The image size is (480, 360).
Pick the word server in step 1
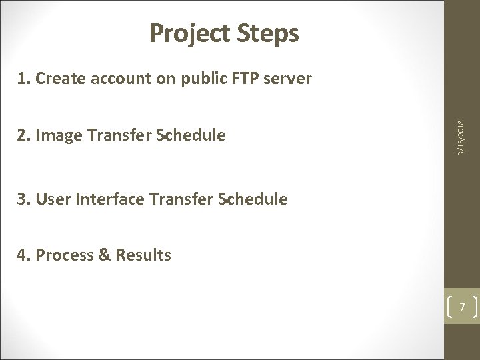point(289,79)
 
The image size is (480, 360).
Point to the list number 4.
point(21,255)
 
